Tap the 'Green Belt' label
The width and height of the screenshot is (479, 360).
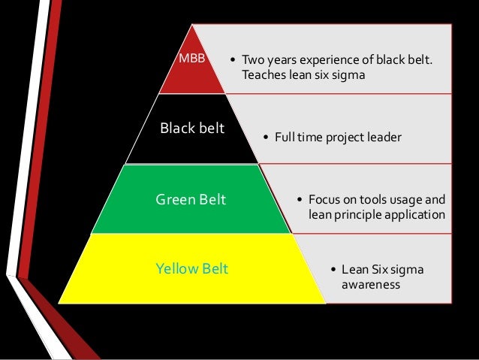point(191,200)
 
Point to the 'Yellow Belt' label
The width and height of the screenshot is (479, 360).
point(191,268)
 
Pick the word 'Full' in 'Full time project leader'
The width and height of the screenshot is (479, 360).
point(285,137)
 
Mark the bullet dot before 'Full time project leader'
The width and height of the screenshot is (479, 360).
point(267,137)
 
